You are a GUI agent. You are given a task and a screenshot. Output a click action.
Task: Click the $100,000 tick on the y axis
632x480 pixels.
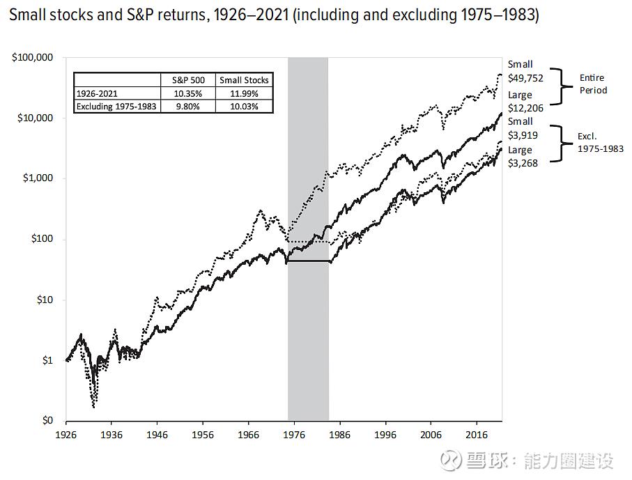click(34, 58)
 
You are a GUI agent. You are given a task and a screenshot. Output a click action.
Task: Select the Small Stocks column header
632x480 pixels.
click(244, 80)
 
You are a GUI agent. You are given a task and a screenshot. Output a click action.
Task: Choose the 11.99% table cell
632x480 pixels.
click(244, 93)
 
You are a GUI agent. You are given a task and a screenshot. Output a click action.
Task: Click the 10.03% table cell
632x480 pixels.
click(244, 107)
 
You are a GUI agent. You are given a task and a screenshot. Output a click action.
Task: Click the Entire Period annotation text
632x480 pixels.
click(592, 84)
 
